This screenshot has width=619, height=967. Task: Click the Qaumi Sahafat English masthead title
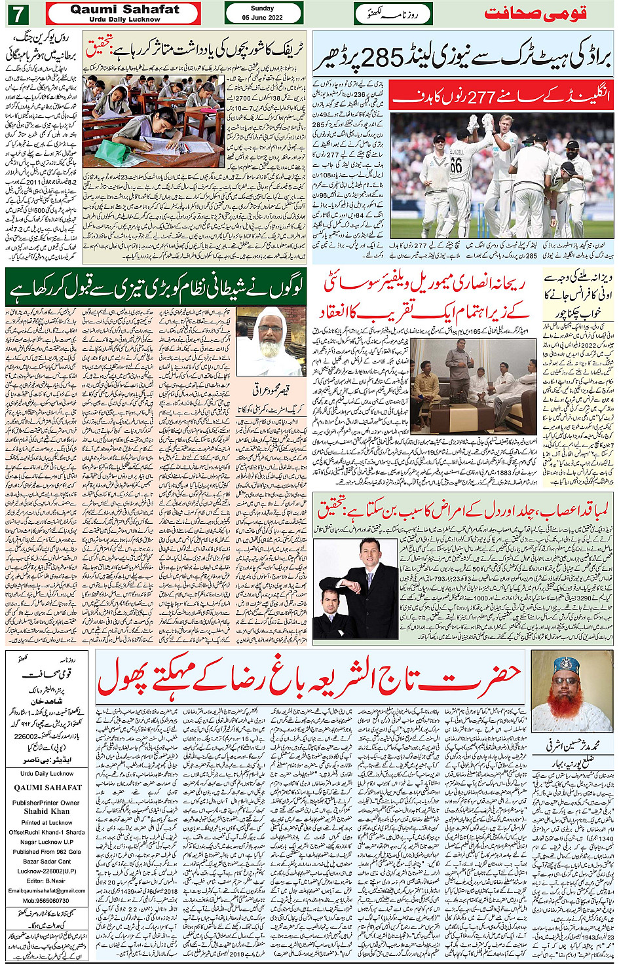point(124,9)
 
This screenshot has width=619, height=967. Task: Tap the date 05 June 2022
point(262,18)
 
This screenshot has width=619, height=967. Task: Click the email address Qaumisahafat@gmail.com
point(47,890)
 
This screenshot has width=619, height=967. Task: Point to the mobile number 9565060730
point(47,900)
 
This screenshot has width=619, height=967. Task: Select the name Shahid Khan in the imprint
point(47,811)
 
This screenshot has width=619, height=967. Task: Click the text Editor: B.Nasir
point(47,881)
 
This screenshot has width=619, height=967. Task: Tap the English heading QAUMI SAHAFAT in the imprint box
point(47,788)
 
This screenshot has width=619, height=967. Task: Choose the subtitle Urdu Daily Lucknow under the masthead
point(124,20)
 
